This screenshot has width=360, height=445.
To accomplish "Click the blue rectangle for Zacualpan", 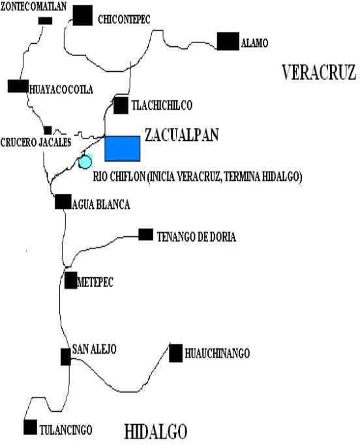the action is click(122, 149).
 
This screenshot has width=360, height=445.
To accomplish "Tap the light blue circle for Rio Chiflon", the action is click(85, 161).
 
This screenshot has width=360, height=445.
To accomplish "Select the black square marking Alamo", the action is click(228, 41).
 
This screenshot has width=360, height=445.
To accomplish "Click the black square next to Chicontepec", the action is click(83, 16).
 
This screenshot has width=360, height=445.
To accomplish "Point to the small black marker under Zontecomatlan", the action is click(46, 21).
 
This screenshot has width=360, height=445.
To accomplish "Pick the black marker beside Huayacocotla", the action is click(18, 86).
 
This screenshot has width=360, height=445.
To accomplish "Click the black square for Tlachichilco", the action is click(121, 105).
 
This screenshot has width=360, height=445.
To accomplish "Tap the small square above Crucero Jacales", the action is click(48, 130).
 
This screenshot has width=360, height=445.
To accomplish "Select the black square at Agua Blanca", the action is click(63, 202).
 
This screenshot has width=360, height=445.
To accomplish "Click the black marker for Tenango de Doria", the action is click(146, 234).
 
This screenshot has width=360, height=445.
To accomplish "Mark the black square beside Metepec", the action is click(71, 281).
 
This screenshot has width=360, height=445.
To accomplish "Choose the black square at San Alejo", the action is click(66, 357).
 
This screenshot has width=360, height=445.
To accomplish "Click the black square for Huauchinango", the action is click(176, 353).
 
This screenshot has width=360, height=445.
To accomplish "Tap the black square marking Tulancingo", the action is click(31, 427).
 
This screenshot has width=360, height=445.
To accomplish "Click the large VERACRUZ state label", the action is click(319, 72).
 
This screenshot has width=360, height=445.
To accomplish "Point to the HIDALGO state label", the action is click(156, 432).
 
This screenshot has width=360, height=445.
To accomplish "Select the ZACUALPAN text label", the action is click(182, 135).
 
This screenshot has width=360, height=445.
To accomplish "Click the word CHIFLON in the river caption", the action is click(127, 177).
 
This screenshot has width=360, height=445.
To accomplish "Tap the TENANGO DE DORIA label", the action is click(196, 237).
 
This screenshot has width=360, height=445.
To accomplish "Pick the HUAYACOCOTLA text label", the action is click(61, 89).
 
